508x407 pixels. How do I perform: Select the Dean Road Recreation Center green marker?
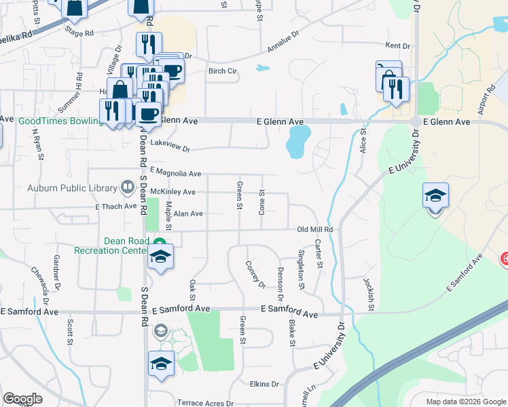coord(159,242)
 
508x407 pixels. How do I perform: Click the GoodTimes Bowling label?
coord(60,121)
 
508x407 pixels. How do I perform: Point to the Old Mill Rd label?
coord(315,230)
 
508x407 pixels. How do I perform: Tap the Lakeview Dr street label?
coord(170,147)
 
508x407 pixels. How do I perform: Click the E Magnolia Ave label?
coord(176,174)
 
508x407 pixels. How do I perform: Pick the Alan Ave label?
coord(188,213)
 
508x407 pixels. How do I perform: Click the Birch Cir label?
coord(222,71)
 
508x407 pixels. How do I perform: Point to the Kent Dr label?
coord(398,46)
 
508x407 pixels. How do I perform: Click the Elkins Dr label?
coord(264,384)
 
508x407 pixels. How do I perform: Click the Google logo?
coord(22,399)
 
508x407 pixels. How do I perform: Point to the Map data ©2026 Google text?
coord(465,402)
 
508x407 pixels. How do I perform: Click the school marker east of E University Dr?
coord(435,197)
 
